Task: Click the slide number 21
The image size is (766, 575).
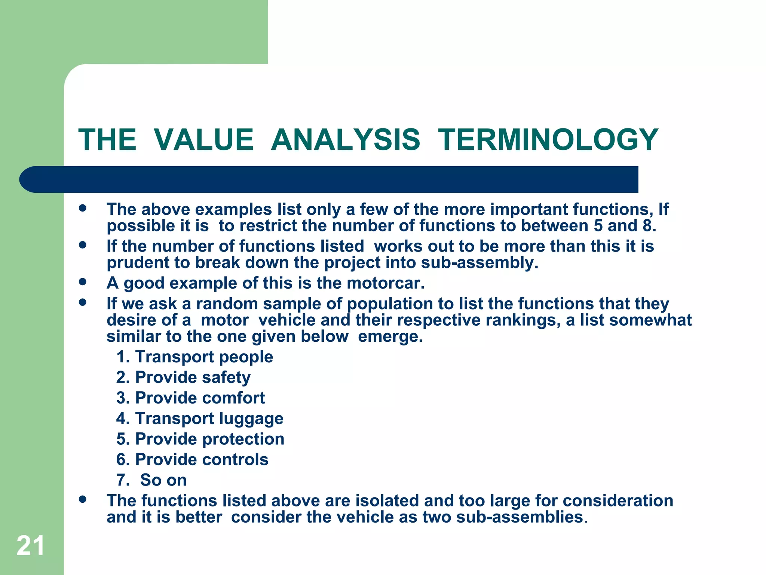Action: (x=30, y=546)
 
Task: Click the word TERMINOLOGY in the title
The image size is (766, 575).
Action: (x=548, y=140)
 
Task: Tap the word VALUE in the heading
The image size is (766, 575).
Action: (x=204, y=140)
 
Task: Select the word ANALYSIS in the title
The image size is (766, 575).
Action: (x=346, y=140)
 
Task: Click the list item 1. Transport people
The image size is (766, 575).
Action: (x=194, y=357)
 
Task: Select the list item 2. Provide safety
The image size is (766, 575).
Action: (x=183, y=377)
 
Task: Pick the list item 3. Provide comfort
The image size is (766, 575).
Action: (x=190, y=398)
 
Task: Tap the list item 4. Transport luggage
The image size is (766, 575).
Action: (x=200, y=419)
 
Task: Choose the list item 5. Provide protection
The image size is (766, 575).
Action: (x=200, y=439)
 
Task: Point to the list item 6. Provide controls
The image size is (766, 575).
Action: (x=192, y=460)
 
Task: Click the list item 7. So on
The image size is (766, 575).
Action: (x=151, y=480)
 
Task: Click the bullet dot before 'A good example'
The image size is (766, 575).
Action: (x=83, y=282)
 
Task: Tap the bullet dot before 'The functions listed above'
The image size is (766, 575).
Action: (x=83, y=499)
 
